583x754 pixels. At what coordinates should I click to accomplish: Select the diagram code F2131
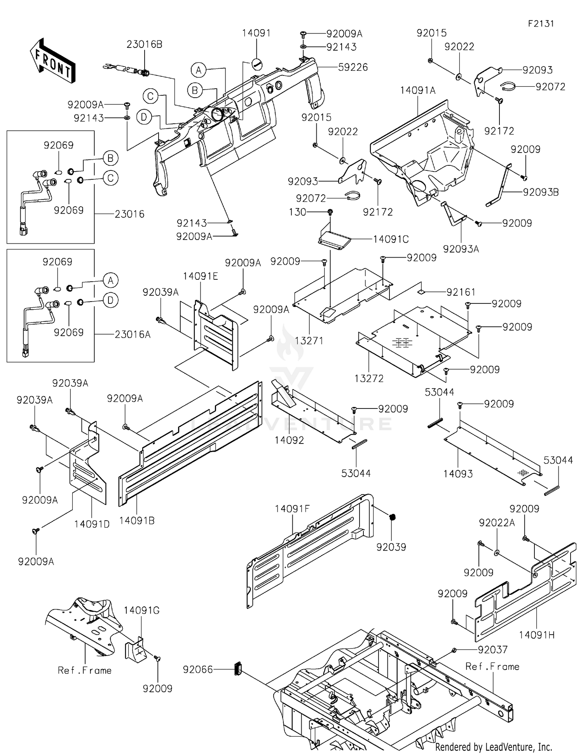tap(541, 23)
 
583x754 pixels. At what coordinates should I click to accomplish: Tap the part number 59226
tap(353, 67)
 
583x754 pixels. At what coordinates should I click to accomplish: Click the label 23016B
tap(144, 44)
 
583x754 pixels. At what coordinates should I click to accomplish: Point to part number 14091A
tap(418, 91)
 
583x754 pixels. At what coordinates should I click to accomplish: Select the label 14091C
tap(391, 239)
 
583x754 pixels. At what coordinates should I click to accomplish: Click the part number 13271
tap(309, 341)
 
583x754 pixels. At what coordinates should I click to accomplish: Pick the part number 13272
tap(369, 378)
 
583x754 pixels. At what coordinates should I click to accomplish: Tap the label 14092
tap(289, 440)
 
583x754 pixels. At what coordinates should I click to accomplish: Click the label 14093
tap(458, 474)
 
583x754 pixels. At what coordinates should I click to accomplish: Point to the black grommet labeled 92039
tap(393, 517)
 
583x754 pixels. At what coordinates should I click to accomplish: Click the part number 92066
tap(198, 670)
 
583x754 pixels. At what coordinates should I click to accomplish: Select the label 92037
tap(492, 649)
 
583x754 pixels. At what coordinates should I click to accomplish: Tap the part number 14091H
tap(536, 635)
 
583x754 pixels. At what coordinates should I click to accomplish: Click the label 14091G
tap(141, 610)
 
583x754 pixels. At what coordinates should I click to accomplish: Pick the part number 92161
tap(461, 292)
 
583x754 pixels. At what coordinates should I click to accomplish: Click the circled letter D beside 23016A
tap(110, 300)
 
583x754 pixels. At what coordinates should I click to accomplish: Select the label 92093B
tap(541, 192)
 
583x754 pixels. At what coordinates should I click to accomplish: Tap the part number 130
tap(297, 212)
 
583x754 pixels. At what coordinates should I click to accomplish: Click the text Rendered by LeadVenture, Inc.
tap(494, 747)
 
